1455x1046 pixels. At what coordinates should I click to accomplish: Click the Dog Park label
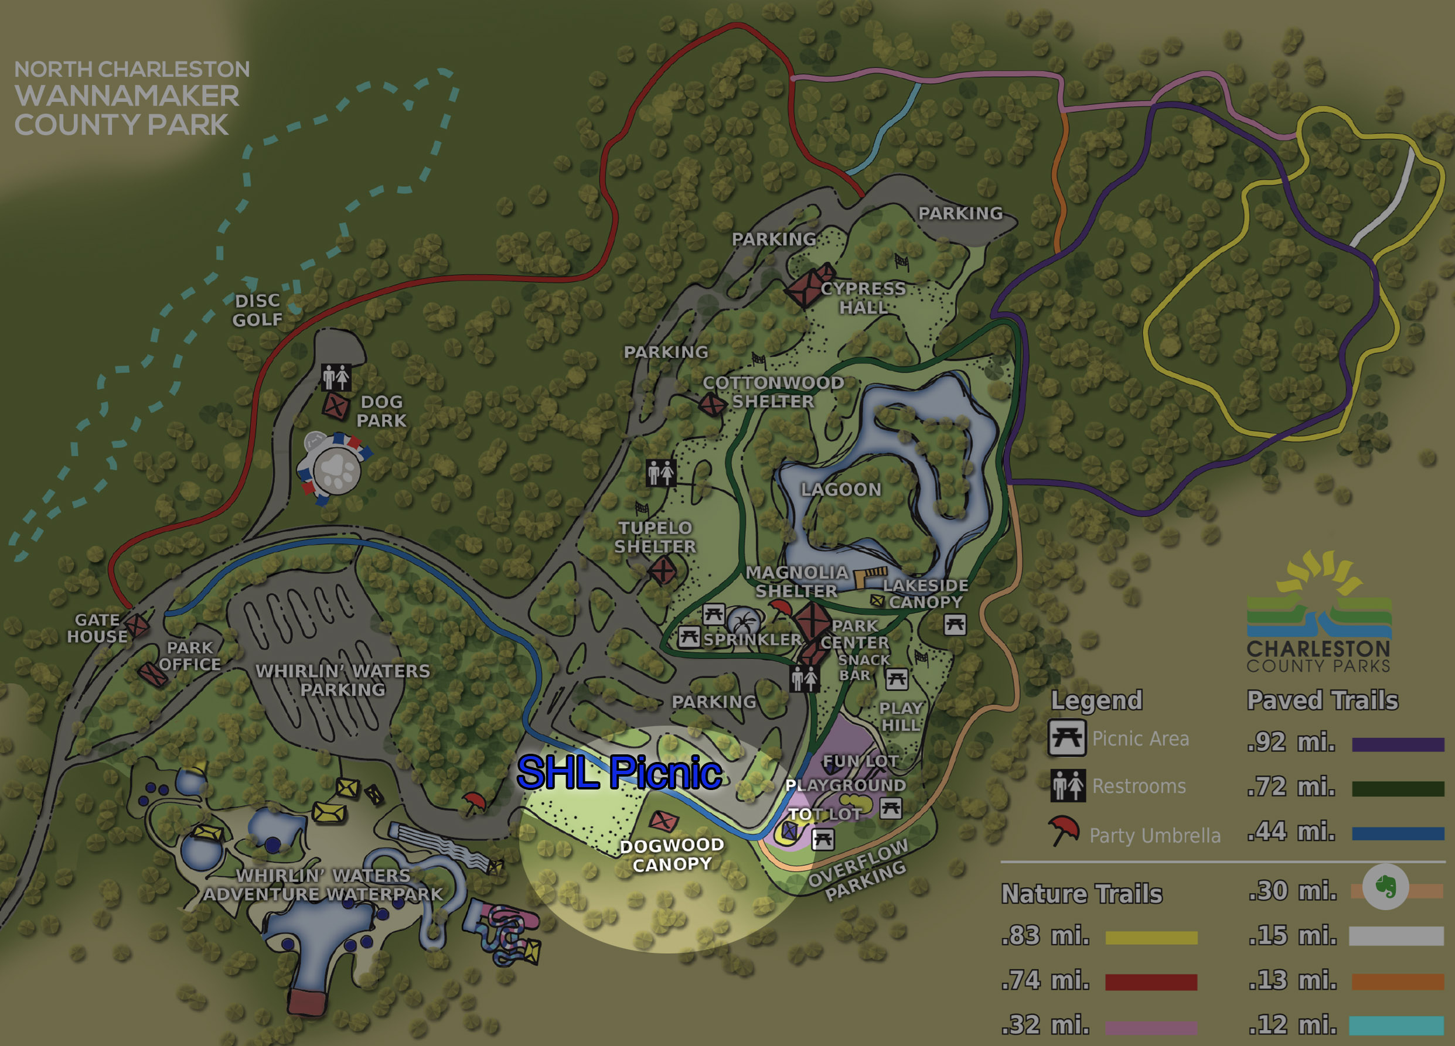tap(381, 411)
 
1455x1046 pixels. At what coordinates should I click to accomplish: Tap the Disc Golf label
tap(257, 310)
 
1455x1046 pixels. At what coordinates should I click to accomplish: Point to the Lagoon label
tap(841, 490)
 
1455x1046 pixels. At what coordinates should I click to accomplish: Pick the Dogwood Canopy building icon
tap(663, 821)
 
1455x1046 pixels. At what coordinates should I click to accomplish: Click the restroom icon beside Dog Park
tap(336, 377)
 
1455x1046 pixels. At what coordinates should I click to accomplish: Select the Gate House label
tap(97, 628)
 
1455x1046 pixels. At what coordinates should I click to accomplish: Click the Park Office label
tap(189, 656)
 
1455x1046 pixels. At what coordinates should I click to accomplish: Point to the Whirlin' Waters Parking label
tap(343, 681)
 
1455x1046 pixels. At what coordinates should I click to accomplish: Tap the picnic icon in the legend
tap(1067, 738)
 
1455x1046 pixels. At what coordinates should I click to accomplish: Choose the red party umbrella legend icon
tap(1064, 830)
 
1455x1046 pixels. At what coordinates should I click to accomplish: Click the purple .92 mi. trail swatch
tap(1397, 744)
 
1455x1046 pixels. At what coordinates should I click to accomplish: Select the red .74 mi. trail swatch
tap(1151, 982)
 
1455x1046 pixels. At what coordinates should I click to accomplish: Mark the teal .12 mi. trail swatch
tap(1396, 1026)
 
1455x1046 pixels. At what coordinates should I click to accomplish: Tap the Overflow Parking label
tap(858, 870)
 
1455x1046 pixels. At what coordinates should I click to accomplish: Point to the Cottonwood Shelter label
tap(773, 392)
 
